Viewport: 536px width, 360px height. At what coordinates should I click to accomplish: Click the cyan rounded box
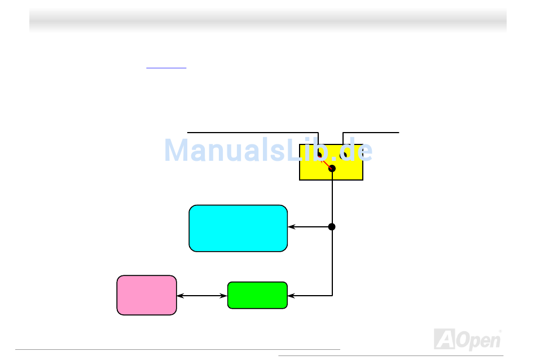238,228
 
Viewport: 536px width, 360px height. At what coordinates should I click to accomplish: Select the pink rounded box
147,295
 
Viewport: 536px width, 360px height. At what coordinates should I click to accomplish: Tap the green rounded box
257,295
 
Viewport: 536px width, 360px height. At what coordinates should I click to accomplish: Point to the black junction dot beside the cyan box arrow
332,227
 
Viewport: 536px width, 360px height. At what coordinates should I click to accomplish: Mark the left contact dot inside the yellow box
319,154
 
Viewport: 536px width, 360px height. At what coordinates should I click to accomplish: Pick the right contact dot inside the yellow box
343,154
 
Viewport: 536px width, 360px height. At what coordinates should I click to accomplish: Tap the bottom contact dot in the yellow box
332,169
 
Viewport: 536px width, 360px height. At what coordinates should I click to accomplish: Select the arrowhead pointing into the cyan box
291,227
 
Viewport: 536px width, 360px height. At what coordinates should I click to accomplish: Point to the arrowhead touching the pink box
180,295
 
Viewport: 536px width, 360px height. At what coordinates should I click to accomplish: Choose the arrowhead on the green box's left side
224,295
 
